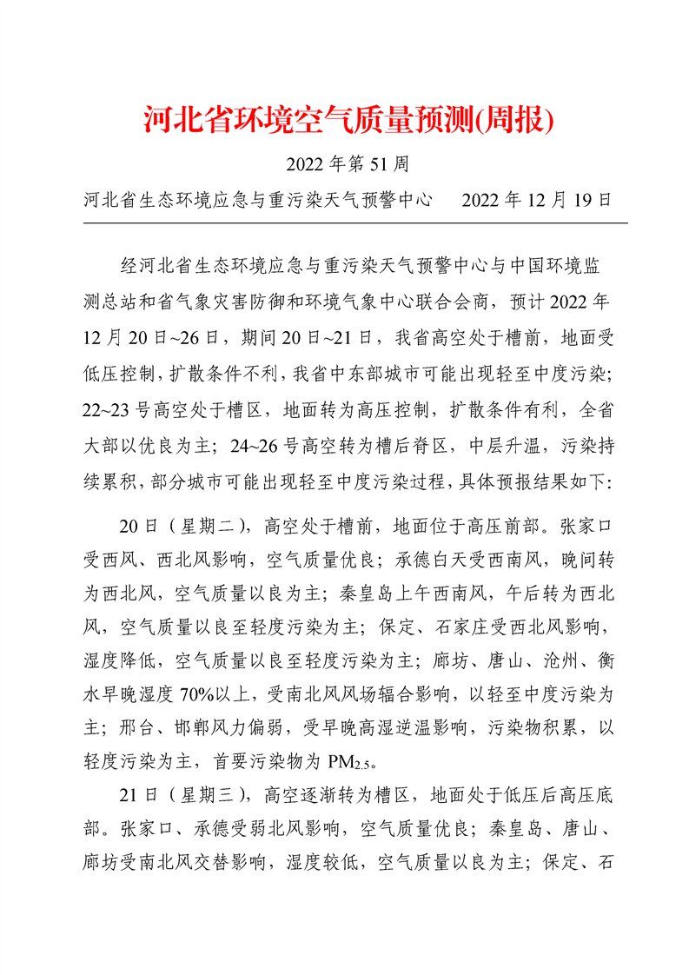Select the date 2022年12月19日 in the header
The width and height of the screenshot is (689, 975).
537,201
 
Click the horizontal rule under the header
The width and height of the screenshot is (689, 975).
355,222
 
